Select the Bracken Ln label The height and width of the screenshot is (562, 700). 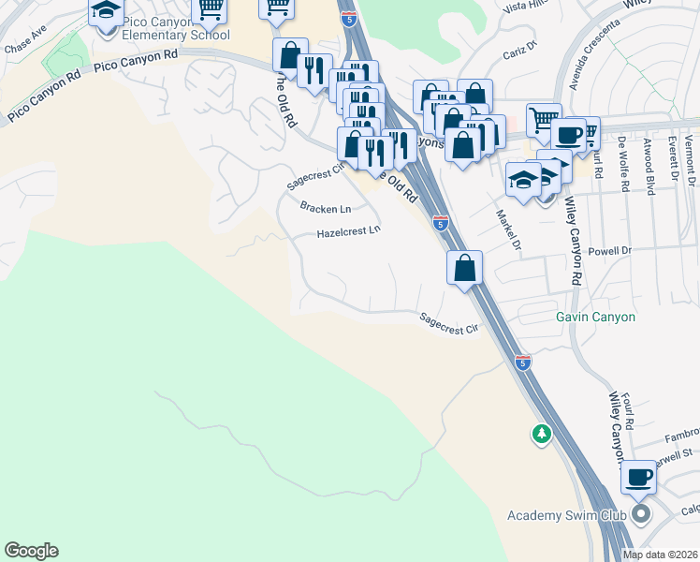[325, 208]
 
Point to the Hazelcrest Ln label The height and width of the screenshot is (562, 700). [348, 231]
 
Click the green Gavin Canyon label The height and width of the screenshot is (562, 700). [595, 317]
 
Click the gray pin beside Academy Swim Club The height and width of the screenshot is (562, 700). [640, 514]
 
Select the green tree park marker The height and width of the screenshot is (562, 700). [541, 434]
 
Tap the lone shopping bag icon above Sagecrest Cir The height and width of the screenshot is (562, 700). [464, 269]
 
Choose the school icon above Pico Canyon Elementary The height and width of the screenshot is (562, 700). [106, 11]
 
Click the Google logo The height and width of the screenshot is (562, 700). [31, 551]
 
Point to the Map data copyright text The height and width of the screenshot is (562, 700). [660, 555]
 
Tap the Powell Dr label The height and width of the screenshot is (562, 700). [613, 251]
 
